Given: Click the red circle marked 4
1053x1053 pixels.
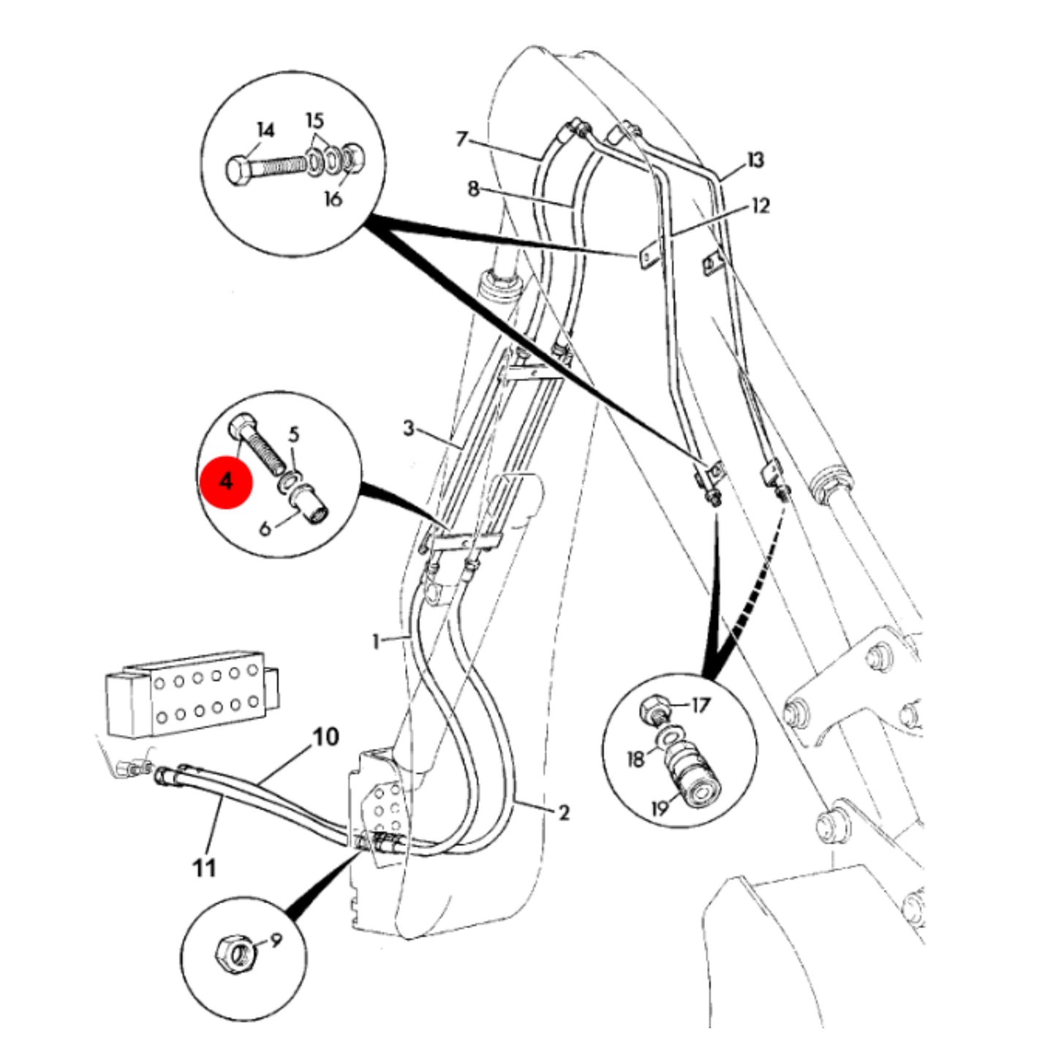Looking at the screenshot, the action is coord(226,481).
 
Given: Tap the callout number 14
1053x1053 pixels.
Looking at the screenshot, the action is coord(265,131).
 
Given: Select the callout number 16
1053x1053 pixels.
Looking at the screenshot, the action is coord(333,198).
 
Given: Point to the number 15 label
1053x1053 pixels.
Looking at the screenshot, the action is coord(314,120).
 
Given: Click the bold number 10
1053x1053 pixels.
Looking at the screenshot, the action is coord(326,737).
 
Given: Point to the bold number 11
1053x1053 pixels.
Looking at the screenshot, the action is coord(204,868).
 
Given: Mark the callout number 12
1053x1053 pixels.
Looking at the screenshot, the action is coord(760,206).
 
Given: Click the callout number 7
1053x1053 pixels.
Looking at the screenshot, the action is coord(461,140).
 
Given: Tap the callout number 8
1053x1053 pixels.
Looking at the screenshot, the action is coord(473,189).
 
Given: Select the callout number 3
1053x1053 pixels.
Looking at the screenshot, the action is coord(409,429).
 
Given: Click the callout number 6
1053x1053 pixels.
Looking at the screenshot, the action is coord(265,529).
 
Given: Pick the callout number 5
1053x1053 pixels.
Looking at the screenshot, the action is coord(294,436).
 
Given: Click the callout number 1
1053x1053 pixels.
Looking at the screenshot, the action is coord(376,641).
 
